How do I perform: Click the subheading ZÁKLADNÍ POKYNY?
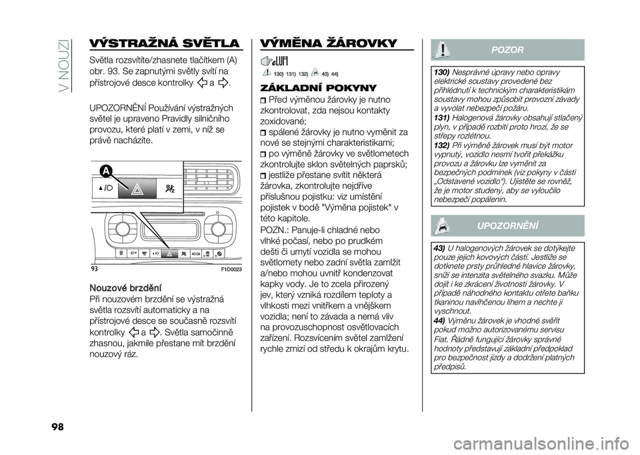[x=311, y=88]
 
